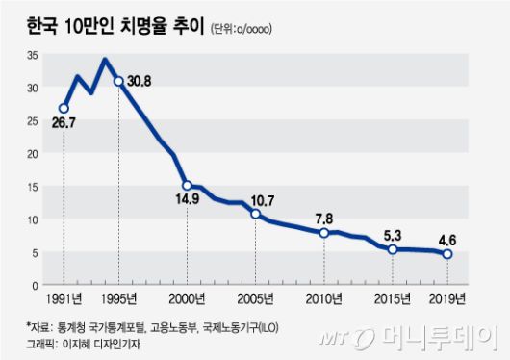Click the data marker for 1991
pos(64,108)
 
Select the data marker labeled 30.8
pos(118,81)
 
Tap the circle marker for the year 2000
pos(187,186)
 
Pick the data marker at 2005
pos(255,214)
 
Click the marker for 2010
pos(324,233)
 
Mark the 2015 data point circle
pos(393,249)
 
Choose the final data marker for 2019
pos(447,254)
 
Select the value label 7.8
pos(325,218)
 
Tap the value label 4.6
pos(448,237)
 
